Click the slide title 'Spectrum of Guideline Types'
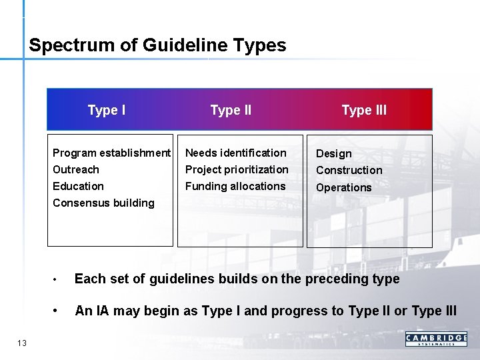(157, 45)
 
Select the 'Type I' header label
(107, 110)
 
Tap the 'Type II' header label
(231, 110)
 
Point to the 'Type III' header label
(364, 110)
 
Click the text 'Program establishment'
(111, 153)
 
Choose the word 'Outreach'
(75, 170)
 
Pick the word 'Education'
(78, 187)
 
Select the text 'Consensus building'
(103, 203)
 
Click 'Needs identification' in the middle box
(235, 153)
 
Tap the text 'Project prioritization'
(237, 170)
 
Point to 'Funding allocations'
(235, 187)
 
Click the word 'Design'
(334, 154)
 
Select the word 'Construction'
(349, 171)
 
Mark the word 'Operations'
(344, 188)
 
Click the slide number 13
(22, 343)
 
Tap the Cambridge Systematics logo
(436, 339)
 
